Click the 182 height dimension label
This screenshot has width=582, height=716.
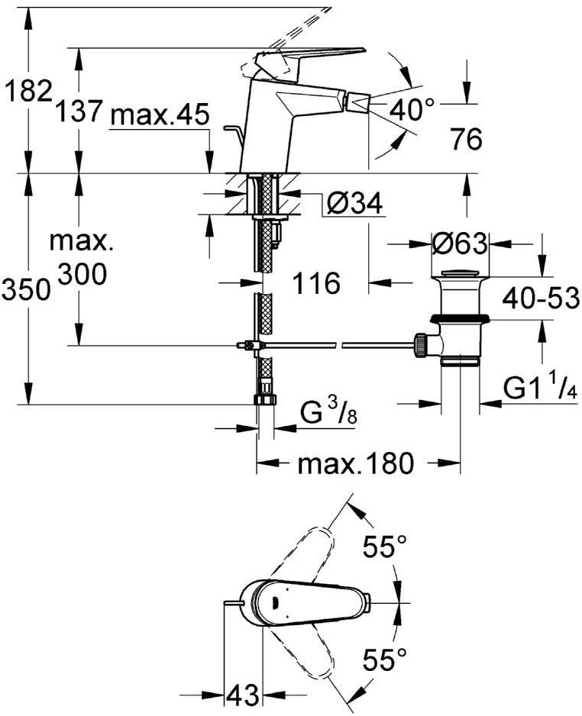click(x=27, y=92)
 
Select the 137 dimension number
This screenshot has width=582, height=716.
click(x=79, y=111)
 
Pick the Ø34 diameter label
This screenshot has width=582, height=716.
click(x=354, y=204)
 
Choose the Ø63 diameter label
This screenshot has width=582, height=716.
click(x=459, y=244)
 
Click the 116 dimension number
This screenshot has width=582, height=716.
click(x=316, y=284)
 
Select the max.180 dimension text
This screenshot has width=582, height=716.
click(x=355, y=463)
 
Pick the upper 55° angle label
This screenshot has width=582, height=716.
click(x=384, y=547)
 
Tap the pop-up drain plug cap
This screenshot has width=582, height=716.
click(x=459, y=273)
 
